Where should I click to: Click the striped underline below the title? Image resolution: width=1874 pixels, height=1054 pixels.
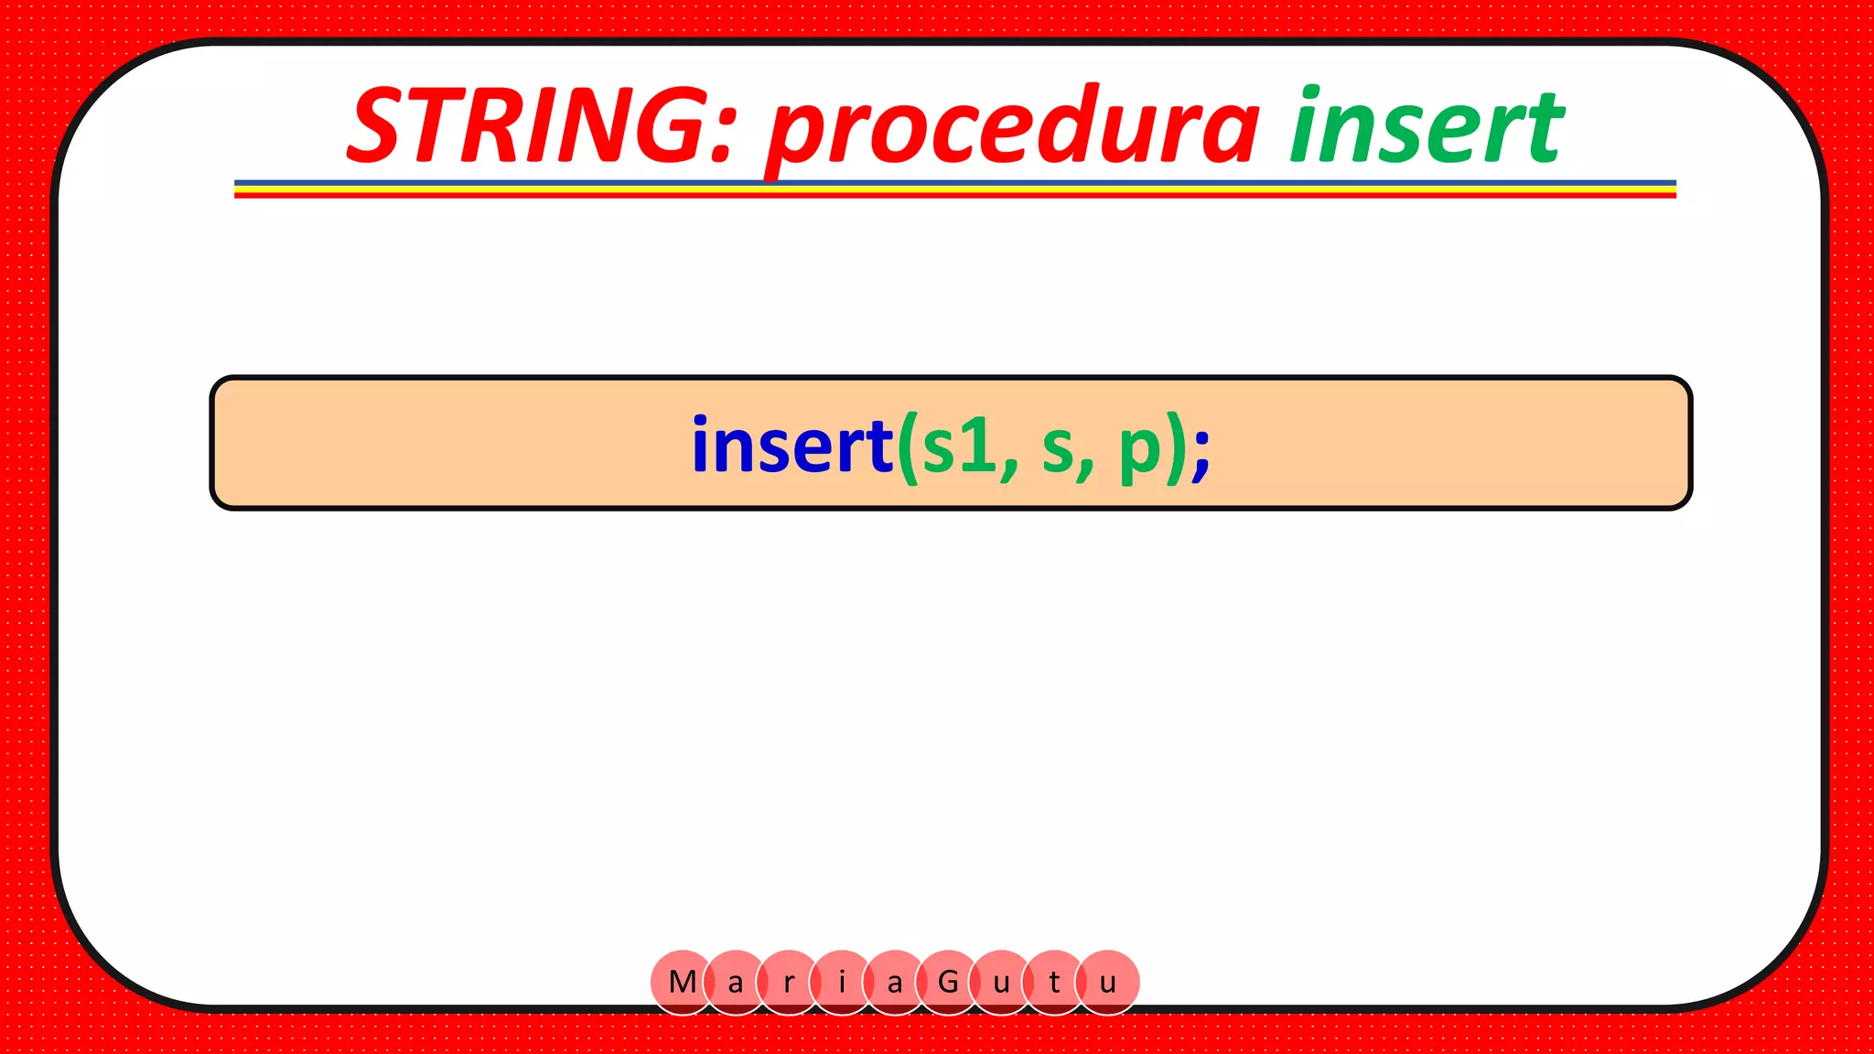click(x=954, y=188)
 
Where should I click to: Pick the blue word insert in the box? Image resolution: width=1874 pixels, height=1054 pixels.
click(x=792, y=446)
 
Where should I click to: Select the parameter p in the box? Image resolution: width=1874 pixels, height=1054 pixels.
click(x=1140, y=450)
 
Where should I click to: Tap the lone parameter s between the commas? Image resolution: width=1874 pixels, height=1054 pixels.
click(x=1057, y=450)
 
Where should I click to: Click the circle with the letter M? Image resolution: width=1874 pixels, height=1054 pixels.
click(x=682, y=982)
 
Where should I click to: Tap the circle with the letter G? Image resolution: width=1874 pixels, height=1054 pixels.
click(x=948, y=982)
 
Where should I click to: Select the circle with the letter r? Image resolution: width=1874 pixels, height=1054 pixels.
click(x=788, y=983)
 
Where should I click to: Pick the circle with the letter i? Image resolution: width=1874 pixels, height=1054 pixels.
click(x=842, y=983)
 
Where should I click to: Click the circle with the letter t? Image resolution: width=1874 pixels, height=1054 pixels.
click(x=1054, y=983)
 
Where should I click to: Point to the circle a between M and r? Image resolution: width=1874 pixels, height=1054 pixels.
click(x=735, y=983)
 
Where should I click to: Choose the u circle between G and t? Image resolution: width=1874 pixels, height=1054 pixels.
click(x=1001, y=983)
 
